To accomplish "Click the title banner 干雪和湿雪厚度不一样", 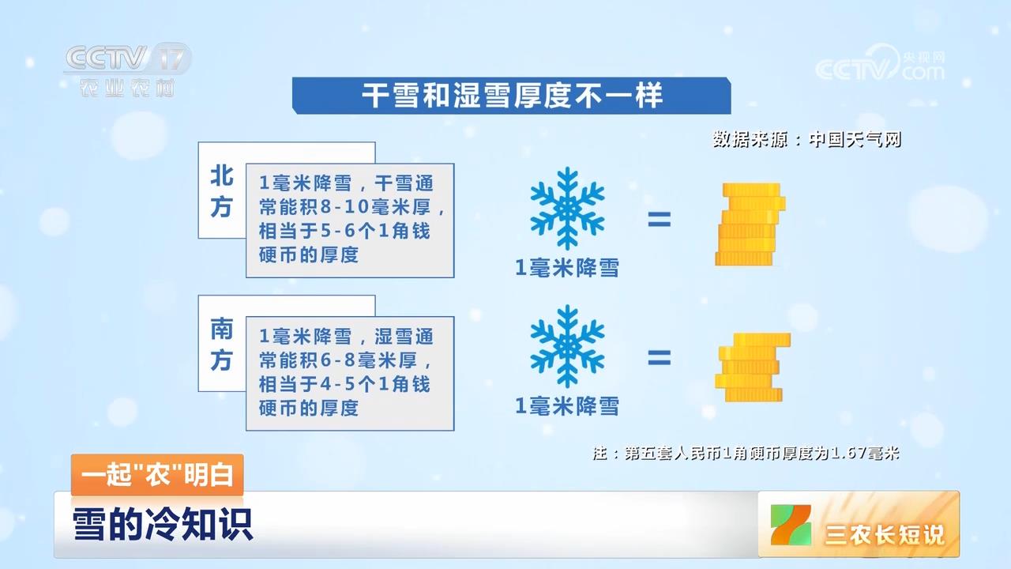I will tap(511, 96).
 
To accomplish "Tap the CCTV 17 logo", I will tap(128, 70).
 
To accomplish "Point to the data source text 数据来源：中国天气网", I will tap(806, 140).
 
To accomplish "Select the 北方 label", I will tap(221, 192).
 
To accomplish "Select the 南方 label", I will tap(221, 345).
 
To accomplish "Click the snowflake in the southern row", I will tap(567, 347).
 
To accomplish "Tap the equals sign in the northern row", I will tap(659, 220).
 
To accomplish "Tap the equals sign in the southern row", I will tap(659, 360).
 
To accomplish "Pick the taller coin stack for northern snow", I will tap(750, 224).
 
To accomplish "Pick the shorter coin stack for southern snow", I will tap(751, 366).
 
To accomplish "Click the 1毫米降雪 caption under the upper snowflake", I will tap(567, 269).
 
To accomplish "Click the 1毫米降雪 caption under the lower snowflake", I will tap(567, 407).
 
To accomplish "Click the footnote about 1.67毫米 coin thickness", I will tap(746, 454).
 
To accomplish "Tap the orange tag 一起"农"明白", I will tap(157, 476).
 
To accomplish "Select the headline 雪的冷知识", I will tap(163, 525).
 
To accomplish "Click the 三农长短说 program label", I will tap(884, 535).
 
